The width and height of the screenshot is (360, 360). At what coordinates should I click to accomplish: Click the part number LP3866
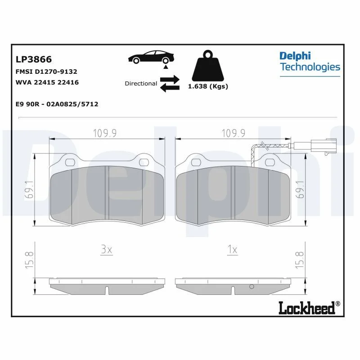coord(34,59)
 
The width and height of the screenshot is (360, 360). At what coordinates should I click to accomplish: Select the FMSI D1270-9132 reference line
coord(46,72)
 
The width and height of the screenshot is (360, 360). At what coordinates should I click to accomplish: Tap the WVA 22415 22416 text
coord(47,82)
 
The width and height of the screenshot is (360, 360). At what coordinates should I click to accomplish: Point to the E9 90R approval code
coord(57,104)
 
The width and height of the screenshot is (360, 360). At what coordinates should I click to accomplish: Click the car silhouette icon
coord(151,57)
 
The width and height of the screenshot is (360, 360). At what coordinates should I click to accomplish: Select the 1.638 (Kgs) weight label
coord(208,86)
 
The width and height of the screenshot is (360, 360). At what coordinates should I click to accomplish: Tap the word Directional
coord(141,84)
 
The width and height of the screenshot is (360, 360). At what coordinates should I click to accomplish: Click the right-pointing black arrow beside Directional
coord(170,80)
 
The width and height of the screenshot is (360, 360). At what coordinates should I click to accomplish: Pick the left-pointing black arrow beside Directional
coord(170,87)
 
